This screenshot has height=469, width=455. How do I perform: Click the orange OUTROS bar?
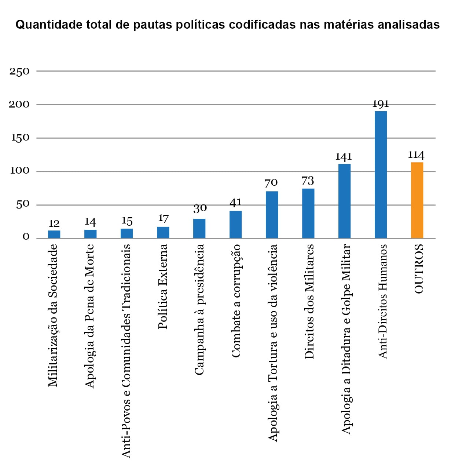417,200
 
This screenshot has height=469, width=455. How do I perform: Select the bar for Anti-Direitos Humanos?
381,175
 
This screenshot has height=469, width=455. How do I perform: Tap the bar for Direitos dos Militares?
308,214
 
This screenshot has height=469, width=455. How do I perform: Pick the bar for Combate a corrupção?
235,225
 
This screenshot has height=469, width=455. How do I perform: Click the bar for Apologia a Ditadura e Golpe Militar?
344,201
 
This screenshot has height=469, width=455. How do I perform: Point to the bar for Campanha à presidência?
199,229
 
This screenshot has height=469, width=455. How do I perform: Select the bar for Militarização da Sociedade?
54,235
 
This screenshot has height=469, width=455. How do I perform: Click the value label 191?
381,104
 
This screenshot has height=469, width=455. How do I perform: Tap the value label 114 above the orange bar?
416,155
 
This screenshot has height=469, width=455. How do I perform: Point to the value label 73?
308,181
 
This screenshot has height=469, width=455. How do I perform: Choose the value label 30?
200,208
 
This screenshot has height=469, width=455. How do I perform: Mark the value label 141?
344,157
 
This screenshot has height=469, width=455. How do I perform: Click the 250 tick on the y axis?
19,72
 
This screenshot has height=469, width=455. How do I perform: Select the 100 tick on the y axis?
19,171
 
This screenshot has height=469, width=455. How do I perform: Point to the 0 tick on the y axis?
26,237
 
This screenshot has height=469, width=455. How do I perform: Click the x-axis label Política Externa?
163,286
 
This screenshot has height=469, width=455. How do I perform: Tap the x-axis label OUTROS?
419,269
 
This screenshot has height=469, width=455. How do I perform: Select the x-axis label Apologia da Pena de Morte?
90,316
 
